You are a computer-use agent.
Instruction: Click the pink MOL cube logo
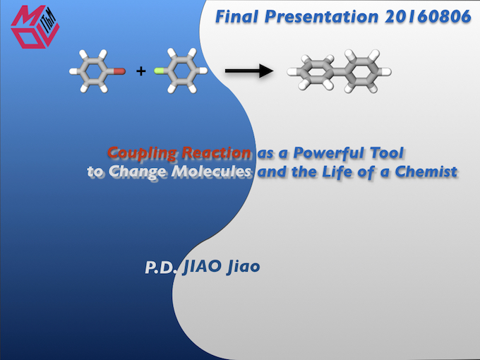click(35, 27)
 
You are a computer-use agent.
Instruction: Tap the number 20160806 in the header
click(428, 16)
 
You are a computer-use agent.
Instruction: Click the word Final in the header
click(236, 16)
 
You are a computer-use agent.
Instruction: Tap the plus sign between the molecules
click(140, 71)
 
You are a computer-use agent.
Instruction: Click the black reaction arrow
click(249, 71)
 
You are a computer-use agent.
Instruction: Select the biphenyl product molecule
click(340, 71)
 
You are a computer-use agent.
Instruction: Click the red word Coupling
click(142, 153)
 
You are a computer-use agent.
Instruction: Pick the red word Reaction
click(216, 152)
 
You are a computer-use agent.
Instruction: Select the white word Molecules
click(211, 172)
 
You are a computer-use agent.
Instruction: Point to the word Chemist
click(426, 172)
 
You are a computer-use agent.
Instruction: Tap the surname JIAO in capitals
click(202, 266)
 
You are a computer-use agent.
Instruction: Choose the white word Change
click(138, 172)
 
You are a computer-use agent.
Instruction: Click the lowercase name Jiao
click(244, 266)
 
